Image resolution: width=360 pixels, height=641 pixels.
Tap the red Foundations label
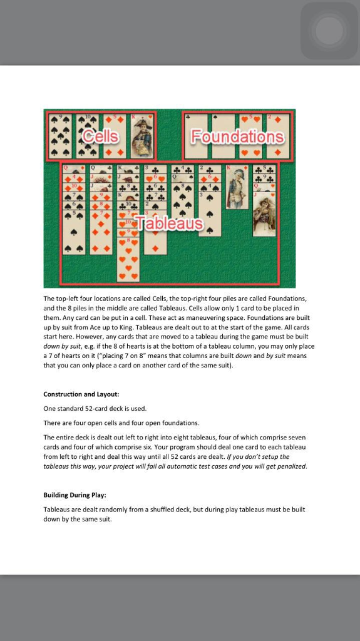(237, 136)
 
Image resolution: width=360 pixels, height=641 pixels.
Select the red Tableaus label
(169, 223)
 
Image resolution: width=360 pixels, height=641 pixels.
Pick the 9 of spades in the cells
(60, 135)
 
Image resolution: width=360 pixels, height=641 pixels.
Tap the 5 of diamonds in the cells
(115, 135)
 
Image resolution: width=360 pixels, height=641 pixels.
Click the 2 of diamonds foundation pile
(278, 135)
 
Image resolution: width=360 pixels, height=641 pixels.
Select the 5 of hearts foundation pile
(251, 135)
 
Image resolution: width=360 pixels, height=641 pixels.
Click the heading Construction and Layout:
(81, 394)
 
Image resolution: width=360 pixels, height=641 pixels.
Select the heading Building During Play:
(75, 495)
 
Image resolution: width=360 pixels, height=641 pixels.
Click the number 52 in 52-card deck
(89, 409)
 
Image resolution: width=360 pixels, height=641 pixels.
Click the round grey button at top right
(329, 31)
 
